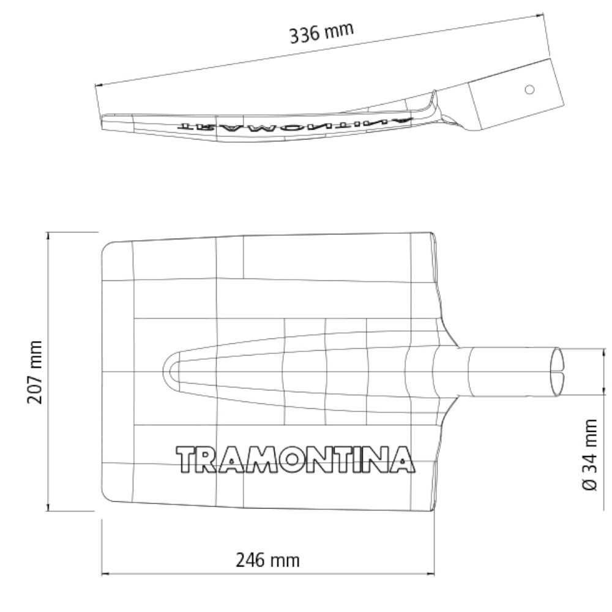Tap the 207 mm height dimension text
coord(35,371)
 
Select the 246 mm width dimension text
coord(268,561)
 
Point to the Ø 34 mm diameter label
coord(590,454)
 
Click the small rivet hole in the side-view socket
coord(529,90)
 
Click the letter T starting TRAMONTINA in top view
coord(187,459)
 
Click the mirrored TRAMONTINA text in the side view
coord(294,124)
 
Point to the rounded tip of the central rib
coord(165,371)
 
